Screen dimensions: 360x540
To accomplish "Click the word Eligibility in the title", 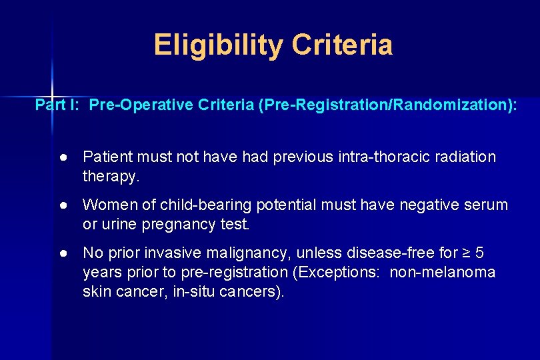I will (219, 45).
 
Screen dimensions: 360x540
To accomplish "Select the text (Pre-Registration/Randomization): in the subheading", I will (387, 105).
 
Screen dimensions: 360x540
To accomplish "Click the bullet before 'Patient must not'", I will (62, 157).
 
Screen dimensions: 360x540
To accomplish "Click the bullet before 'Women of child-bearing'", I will (62, 205).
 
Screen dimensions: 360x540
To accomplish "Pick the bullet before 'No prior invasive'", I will (62, 253).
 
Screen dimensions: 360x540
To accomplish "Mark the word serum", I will (486, 205).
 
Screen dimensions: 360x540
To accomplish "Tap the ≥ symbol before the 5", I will (464, 253).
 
